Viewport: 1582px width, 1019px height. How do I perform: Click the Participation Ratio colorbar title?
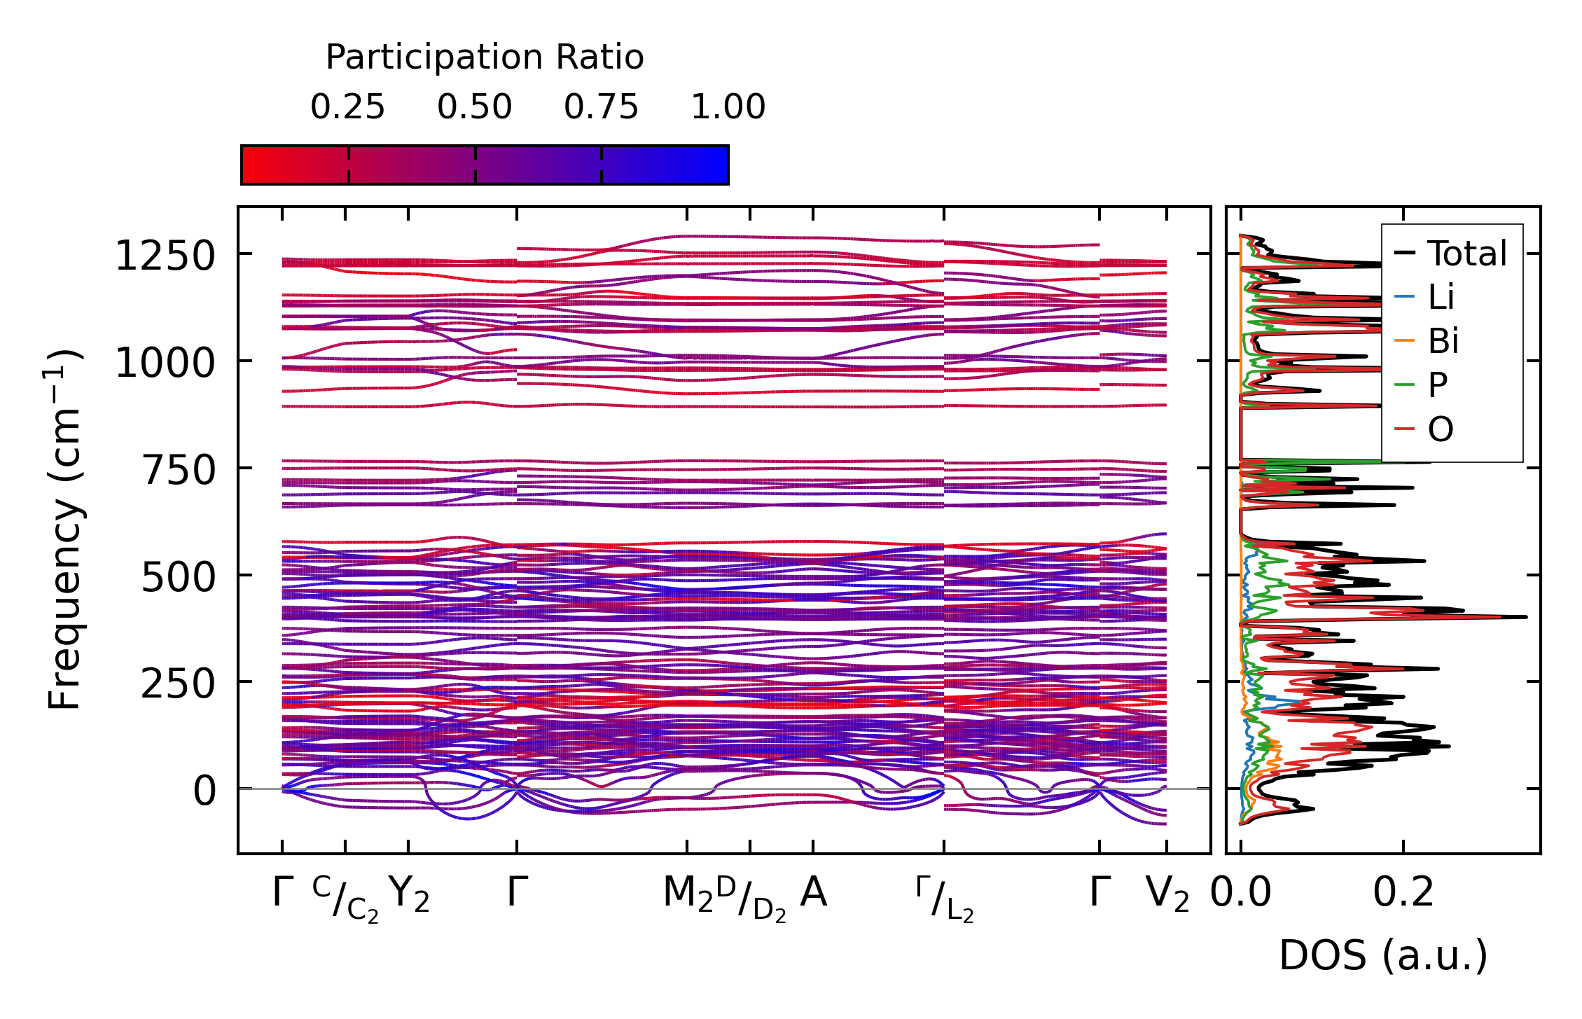coord(485,57)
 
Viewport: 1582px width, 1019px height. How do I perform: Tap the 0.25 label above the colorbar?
coord(347,107)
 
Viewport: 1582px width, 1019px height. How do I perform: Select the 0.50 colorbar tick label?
coord(475,107)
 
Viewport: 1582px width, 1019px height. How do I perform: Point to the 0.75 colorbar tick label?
coord(601,107)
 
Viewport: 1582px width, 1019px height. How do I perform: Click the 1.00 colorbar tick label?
coord(728,107)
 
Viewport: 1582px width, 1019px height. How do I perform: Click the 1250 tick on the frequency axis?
coord(165,256)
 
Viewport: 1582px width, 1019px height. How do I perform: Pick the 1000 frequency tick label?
coord(165,363)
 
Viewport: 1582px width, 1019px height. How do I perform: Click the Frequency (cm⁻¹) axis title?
coord(64,529)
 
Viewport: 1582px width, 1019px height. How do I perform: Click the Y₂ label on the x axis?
coord(408,894)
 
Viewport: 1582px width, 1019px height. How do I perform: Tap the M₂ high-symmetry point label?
coord(688,894)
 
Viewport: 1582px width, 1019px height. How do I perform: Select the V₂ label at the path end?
coord(1167,894)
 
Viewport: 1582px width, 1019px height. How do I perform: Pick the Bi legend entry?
coord(1443,341)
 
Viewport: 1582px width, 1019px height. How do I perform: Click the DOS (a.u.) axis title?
coord(1383,956)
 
